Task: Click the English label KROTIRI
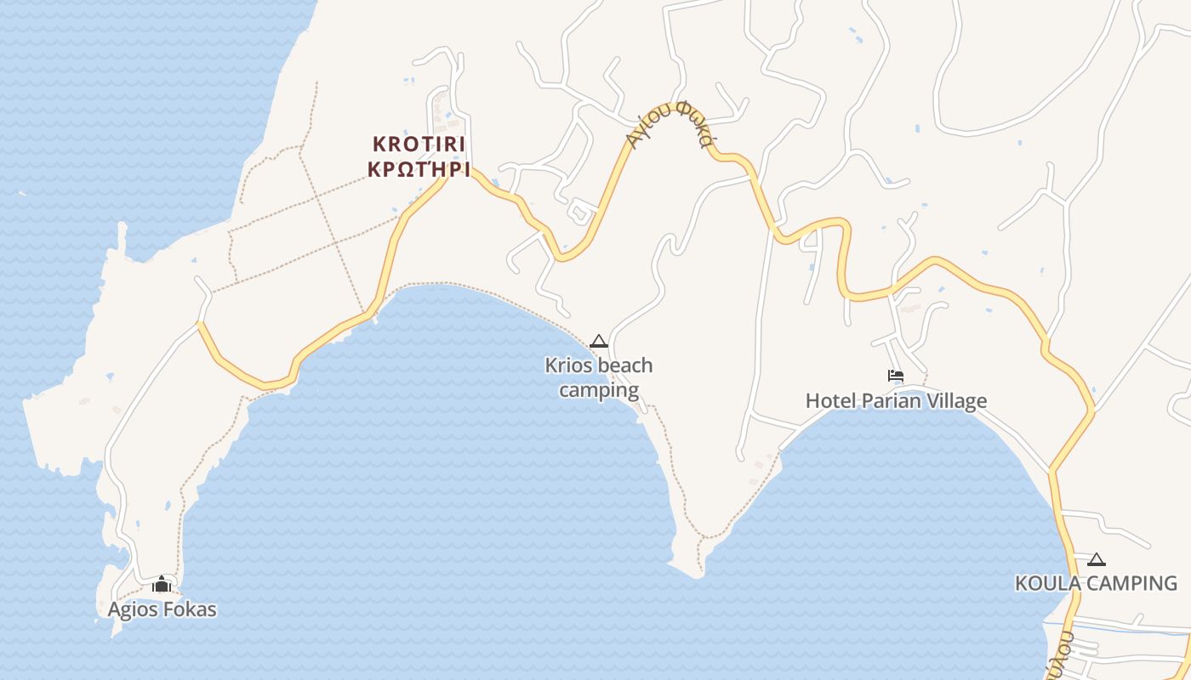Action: click(x=419, y=144)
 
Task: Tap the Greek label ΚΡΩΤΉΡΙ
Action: click(x=419, y=168)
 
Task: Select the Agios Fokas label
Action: click(x=162, y=609)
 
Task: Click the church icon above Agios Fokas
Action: click(x=162, y=585)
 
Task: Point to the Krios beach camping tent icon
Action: click(x=599, y=342)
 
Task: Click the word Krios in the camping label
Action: click(x=569, y=365)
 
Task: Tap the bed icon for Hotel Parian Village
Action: click(x=895, y=376)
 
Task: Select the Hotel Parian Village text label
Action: click(x=896, y=400)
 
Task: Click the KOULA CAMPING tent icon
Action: click(x=1097, y=559)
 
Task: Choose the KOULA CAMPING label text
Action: click(x=1096, y=583)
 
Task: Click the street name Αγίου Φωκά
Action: click(x=670, y=127)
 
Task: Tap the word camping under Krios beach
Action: click(x=599, y=390)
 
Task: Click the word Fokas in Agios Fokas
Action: click(x=188, y=609)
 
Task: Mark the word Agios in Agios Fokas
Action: click(x=132, y=609)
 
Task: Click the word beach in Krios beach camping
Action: click(x=625, y=365)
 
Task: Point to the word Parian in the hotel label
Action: click(x=891, y=400)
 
